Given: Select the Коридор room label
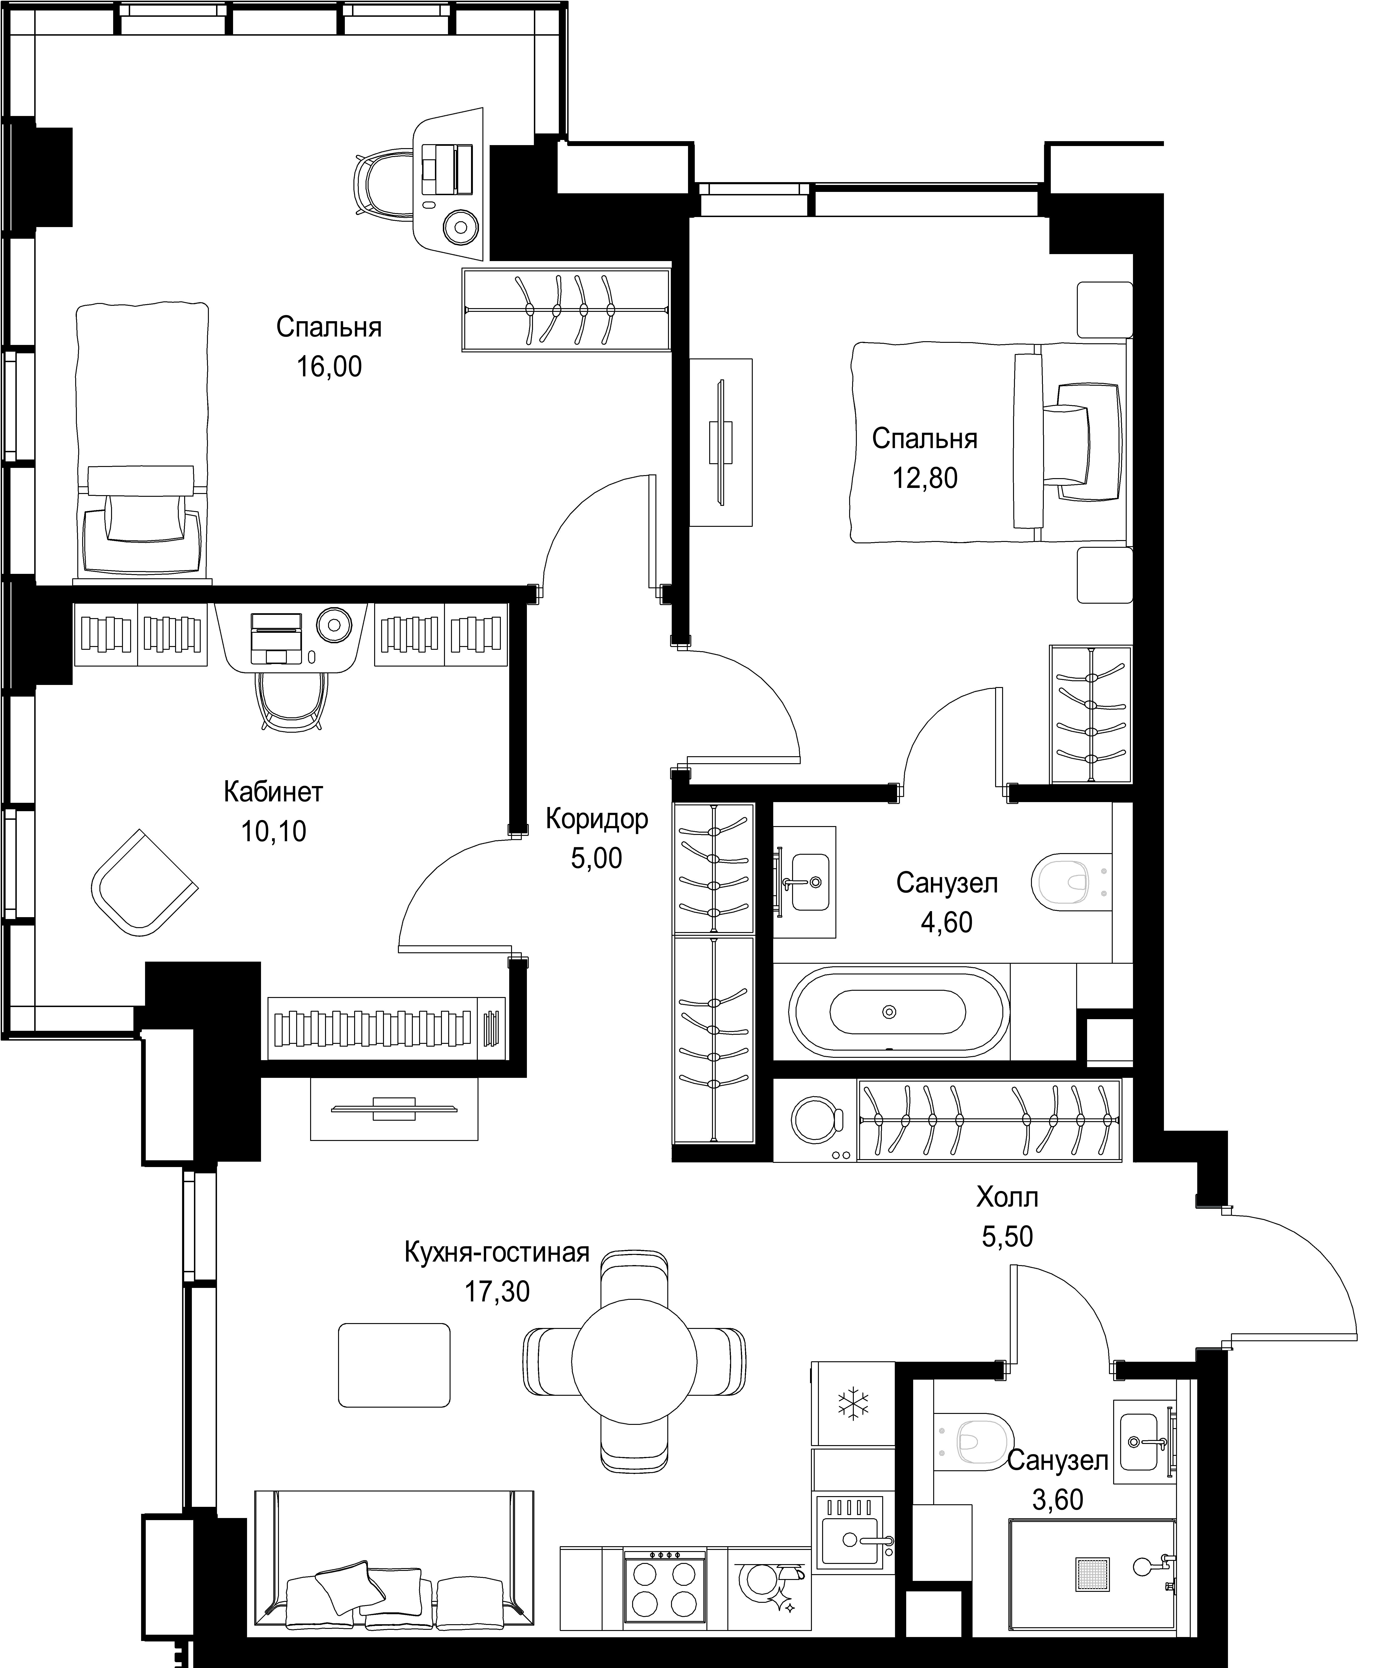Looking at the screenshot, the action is point(597,819).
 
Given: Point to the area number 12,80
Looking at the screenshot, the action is point(925,478).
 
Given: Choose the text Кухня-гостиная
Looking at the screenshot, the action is point(497,1253).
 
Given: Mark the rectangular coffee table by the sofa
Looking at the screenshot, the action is point(394,1365).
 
